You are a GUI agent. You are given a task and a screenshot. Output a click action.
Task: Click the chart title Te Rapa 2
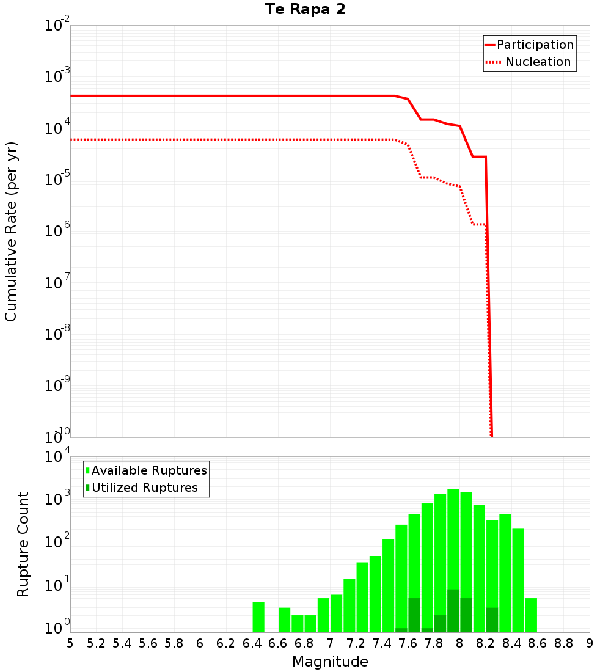pos(305,10)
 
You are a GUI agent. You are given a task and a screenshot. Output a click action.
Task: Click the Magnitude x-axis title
pos(330,662)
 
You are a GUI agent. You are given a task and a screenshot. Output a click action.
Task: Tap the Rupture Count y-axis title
pos(23,544)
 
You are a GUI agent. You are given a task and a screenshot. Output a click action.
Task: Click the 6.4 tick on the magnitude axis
pos(252,643)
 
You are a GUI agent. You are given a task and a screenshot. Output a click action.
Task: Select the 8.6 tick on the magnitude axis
pos(538,643)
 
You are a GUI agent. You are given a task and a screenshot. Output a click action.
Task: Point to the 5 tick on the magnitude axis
pos(70,643)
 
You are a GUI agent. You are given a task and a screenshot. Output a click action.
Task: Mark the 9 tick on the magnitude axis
pos(590,643)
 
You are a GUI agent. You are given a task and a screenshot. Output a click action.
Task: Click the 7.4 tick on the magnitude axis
pos(382,643)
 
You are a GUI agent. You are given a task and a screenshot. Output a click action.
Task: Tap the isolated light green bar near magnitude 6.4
pos(258,617)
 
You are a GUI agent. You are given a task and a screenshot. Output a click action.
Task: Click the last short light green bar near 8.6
pos(531,615)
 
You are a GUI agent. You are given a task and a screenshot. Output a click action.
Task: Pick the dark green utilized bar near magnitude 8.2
pos(492,619)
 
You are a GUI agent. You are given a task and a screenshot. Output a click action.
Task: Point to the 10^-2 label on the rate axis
pos(57,26)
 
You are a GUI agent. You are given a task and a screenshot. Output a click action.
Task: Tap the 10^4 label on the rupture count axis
pos(57,458)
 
